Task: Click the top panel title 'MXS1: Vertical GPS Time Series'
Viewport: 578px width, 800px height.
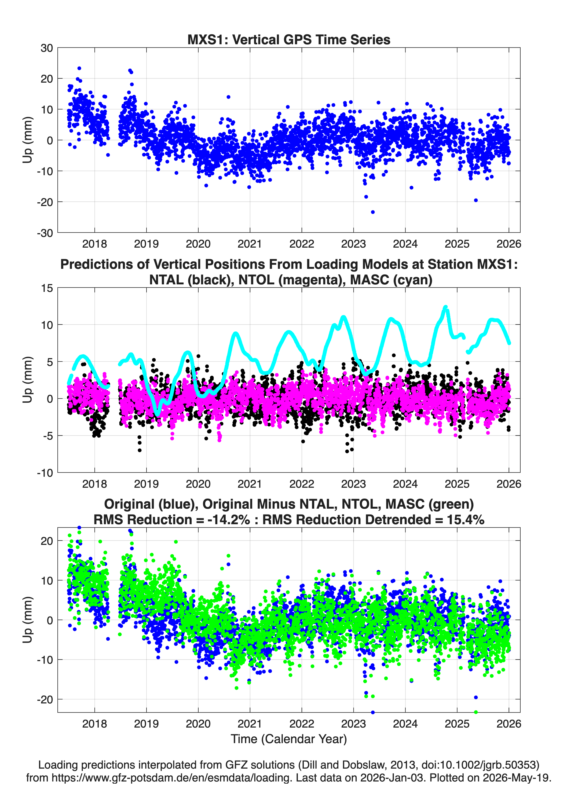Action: point(289,39)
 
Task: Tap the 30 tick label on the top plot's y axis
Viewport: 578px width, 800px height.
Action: point(47,48)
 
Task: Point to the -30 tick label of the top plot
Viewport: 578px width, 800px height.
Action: point(45,233)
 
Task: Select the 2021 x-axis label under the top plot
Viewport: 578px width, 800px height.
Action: point(250,244)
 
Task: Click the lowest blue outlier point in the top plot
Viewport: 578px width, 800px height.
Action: point(373,212)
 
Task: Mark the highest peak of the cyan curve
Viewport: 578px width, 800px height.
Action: point(445,307)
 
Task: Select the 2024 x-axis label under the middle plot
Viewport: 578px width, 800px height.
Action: point(405,484)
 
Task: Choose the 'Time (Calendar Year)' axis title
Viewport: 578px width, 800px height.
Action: point(289,739)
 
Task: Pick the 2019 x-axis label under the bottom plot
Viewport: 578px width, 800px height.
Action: point(146,724)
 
